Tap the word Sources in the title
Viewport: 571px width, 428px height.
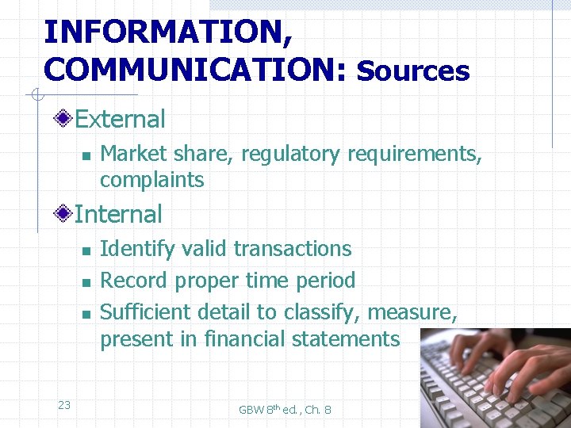click(413, 71)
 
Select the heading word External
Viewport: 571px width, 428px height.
click(120, 120)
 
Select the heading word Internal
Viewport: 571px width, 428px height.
click(118, 214)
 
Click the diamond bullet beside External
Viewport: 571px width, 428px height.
click(65, 120)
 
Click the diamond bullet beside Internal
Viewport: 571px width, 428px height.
click(65, 214)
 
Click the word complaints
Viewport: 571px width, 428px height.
click(151, 180)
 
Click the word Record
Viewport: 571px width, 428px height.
click(134, 281)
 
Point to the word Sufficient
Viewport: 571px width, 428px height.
click(146, 311)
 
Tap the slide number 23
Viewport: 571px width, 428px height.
click(64, 405)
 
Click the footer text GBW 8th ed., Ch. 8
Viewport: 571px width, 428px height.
click(285, 409)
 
